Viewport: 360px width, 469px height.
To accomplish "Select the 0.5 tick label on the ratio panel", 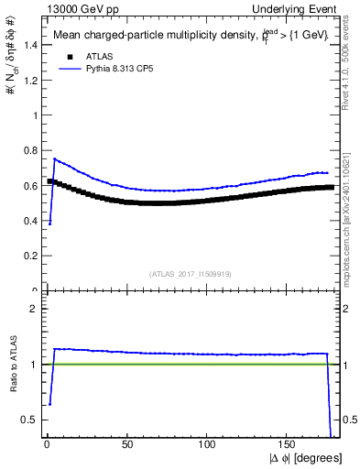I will click(x=29, y=420).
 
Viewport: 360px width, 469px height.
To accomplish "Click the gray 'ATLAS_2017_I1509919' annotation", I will click(x=191, y=274).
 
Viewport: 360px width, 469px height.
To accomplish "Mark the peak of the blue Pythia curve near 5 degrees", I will click(x=54, y=159).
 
